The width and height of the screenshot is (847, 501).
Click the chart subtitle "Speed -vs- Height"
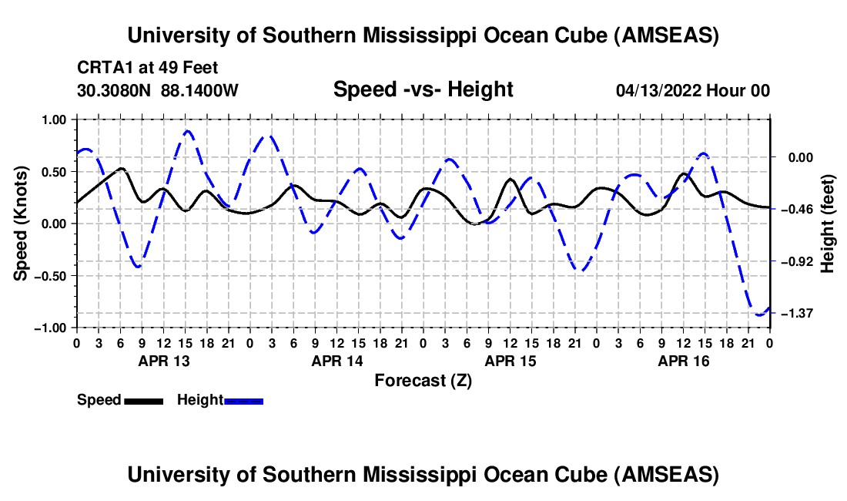click(x=423, y=89)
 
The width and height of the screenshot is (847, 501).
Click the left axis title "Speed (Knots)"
click(x=22, y=223)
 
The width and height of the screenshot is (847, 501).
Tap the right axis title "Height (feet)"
click(x=828, y=223)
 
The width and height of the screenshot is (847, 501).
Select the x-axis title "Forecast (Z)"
click(x=423, y=380)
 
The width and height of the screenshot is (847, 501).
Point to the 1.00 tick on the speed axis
click(x=55, y=119)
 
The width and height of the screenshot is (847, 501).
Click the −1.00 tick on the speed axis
click(x=52, y=328)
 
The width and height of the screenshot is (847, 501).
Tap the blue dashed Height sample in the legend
click(x=243, y=400)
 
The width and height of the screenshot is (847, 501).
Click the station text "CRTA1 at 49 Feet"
click(x=148, y=68)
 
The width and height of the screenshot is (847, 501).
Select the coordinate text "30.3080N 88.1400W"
click(x=158, y=90)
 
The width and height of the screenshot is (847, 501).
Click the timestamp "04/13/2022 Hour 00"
click(x=693, y=90)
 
